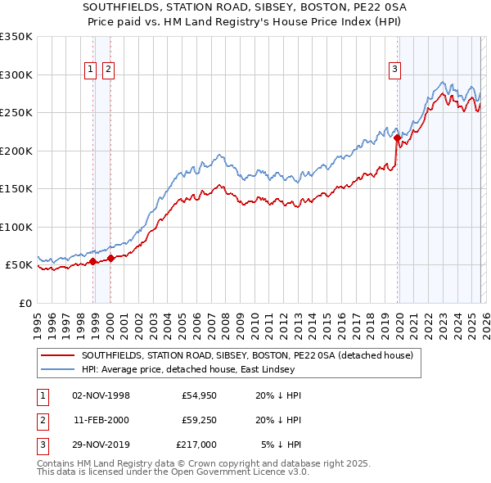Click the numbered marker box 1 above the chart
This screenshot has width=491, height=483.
click(89, 70)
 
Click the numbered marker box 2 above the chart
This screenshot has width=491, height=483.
click(108, 70)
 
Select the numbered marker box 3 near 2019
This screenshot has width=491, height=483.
click(394, 70)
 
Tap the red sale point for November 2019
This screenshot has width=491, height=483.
click(397, 138)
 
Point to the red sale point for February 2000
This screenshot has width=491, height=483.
click(110, 258)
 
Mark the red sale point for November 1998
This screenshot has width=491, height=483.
click(92, 261)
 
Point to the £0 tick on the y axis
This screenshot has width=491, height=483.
click(25, 303)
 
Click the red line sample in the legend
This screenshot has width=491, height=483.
click(58, 355)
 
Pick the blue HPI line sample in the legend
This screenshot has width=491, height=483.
click(58, 369)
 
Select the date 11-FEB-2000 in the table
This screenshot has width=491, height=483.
click(101, 420)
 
